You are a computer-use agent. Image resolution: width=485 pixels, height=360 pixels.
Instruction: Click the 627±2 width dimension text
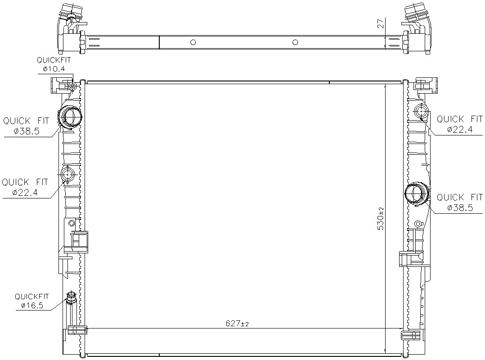point(237,324)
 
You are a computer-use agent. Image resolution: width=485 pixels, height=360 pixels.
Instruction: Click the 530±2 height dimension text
point(381,219)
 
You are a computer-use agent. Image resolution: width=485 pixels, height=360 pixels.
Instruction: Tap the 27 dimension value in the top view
point(381,23)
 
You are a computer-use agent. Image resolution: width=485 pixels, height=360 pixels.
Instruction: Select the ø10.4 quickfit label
point(54,69)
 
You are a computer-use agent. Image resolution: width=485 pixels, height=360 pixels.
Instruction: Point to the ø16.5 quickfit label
point(32,306)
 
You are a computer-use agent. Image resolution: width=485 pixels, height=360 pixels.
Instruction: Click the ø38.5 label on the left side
point(27,131)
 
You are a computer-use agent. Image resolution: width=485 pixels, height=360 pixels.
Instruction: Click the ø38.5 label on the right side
point(460,208)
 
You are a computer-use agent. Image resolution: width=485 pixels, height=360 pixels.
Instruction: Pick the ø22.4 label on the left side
point(25,192)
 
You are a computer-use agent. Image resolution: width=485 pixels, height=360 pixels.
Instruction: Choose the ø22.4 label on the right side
point(460,129)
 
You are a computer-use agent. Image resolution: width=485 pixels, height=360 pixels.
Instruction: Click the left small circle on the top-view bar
point(193,42)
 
